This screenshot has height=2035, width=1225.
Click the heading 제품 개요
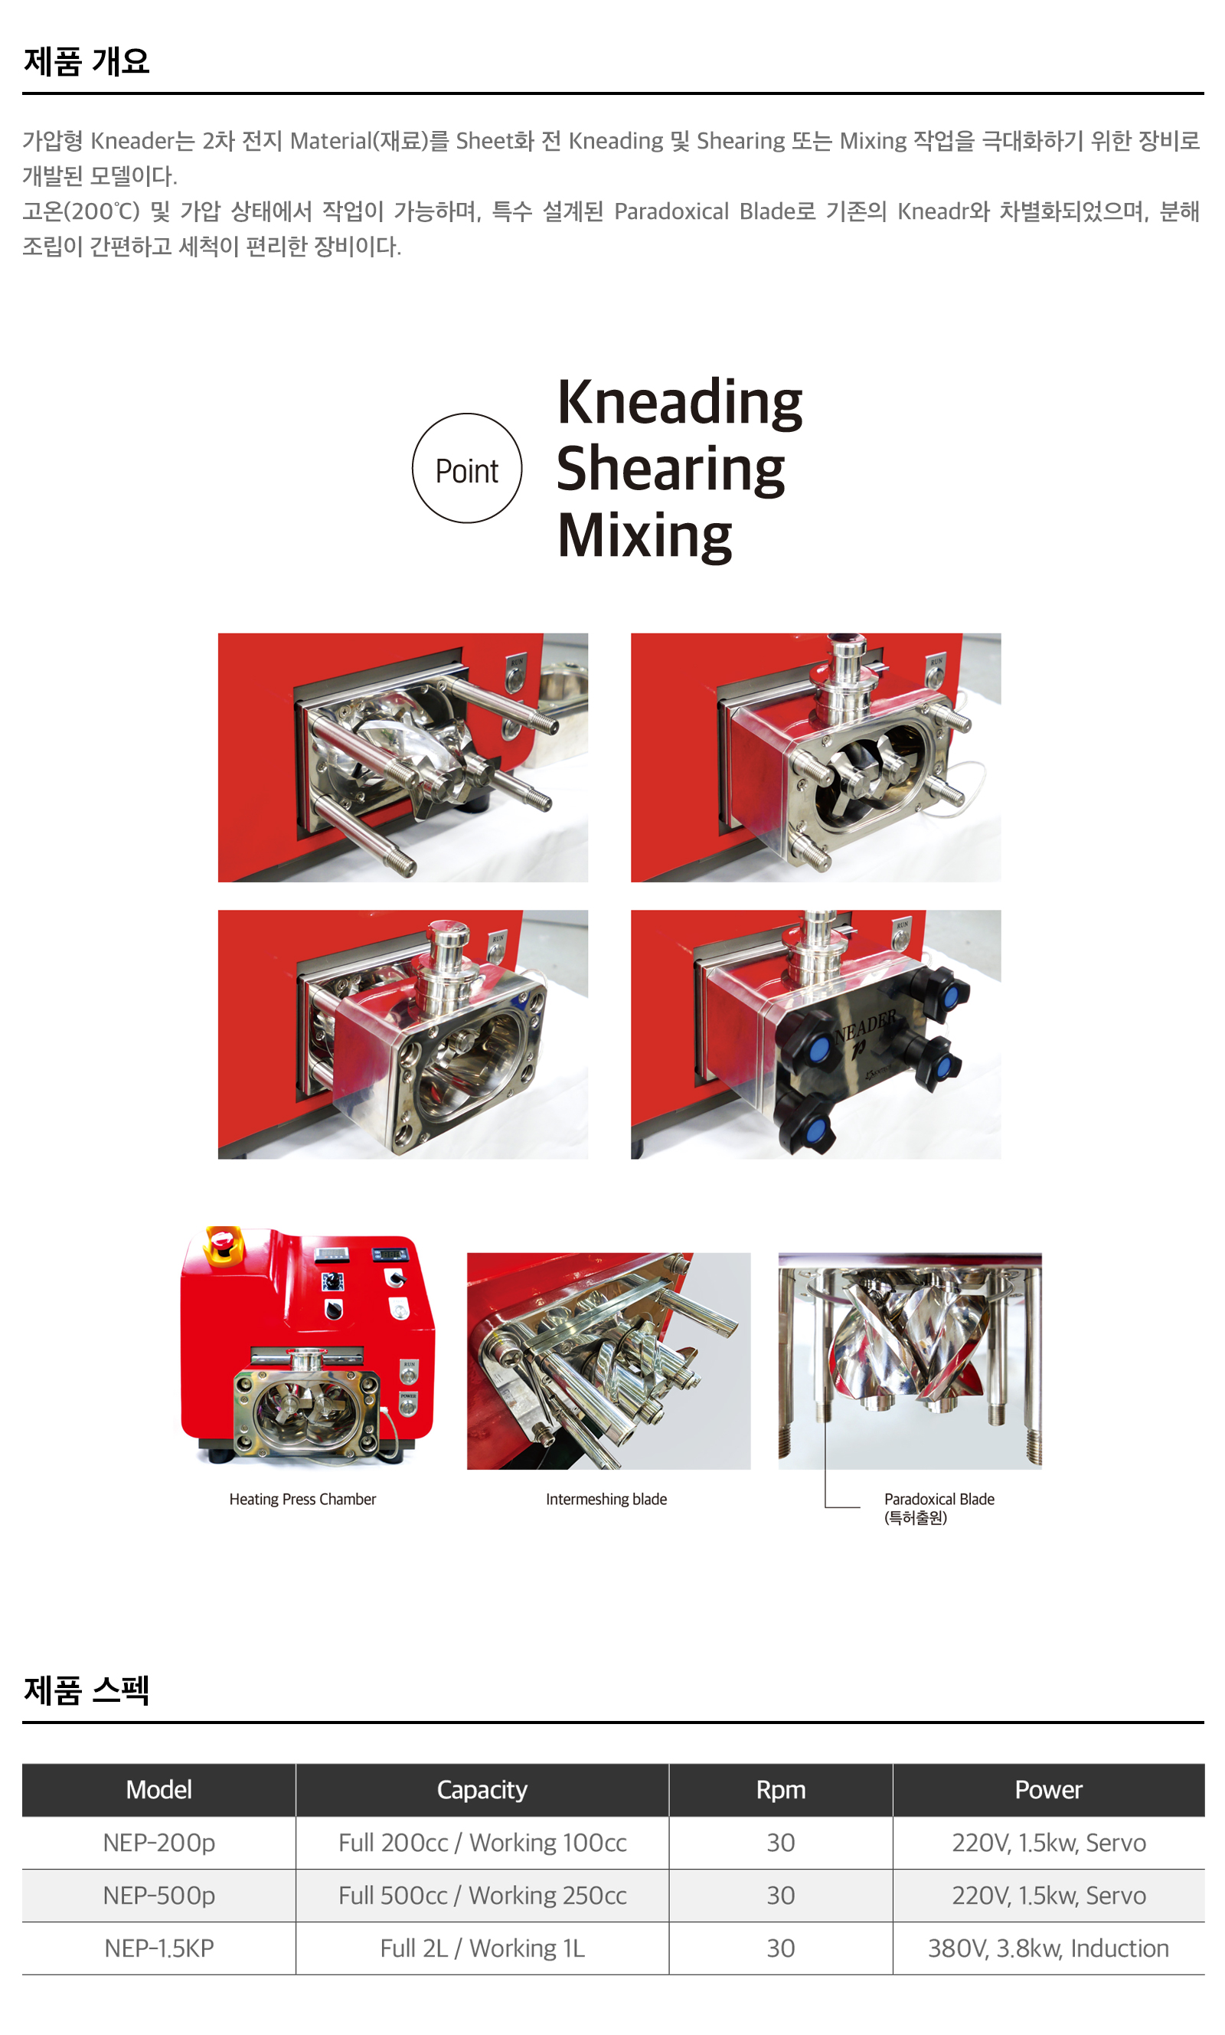pyautogui.click(x=87, y=61)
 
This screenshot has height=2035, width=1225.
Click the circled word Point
pyautogui.click(x=466, y=471)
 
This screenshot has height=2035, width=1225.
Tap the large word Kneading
pyautogui.click(x=679, y=402)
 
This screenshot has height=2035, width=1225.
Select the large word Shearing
pyautogui.click(x=670, y=469)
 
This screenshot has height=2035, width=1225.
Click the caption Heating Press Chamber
pyautogui.click(x=302, y=1498)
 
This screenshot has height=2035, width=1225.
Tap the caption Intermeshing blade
pyautogui.click(x=606, y=1498)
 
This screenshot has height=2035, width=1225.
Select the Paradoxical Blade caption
pyautogui.click(x=939, y=1507)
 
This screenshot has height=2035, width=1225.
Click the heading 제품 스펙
pyautogui.click(x=87, y=1690)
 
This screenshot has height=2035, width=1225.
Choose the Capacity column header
pyautogui.click(x=482, y=1789)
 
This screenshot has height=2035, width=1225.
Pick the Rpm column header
pyautogui.click(x=781, y=1789)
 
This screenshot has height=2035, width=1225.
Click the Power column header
pyautogui.click(x=1048, y=1789)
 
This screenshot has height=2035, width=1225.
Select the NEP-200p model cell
pyautogui.click(x=159, y=1842)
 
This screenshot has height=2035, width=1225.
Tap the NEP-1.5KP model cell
pyautogui.click(x=159, y=1948)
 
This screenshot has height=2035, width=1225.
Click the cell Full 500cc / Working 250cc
pyautogui.click(x=482, y=1895)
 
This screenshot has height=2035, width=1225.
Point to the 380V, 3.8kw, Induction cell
pyautogui.click(x=1048, y=1948)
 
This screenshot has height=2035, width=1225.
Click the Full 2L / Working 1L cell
pyautogui.click(x=482, y=1948)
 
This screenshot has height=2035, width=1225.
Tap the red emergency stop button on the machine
pyautogui.click(x=224, y=1240)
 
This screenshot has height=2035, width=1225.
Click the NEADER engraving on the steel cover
pyautogui.click(x=866, y=1026)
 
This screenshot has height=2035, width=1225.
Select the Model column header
pyautogui.click(x=159, y=1789)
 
